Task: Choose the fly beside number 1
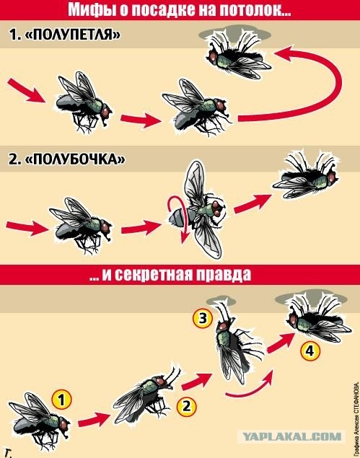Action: click(x=35, y=415)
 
